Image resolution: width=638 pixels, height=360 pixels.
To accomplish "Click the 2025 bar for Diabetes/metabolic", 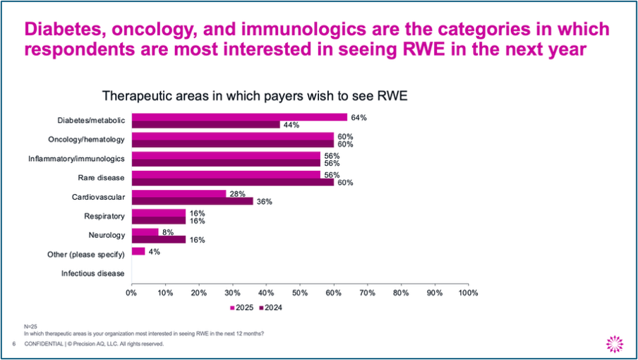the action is [x=239, y=117].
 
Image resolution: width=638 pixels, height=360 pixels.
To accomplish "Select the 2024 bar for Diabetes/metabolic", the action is [x=206, y=124].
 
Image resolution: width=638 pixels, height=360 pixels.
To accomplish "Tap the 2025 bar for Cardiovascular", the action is [x=179, y=193].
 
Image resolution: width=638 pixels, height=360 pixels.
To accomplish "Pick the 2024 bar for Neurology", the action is [x=159, y=239].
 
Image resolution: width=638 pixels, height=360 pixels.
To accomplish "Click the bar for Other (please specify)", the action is [x=138, y=251].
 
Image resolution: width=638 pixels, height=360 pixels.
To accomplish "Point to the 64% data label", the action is [x=359, y=118].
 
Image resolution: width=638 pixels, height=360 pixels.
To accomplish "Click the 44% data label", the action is [x=291, y=125].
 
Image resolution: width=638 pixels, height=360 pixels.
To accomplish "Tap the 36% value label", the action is [x=265, y=201].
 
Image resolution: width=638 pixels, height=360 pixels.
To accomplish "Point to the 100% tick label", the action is [x=469, y=293].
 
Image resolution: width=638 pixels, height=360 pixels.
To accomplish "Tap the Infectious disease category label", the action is [x=92, y=273].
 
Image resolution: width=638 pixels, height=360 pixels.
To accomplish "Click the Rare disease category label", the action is [x=102, y=178].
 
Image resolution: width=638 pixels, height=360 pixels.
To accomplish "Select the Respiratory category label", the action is [x=104, y=216].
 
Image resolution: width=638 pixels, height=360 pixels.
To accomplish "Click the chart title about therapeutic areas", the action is [x=255, y=95].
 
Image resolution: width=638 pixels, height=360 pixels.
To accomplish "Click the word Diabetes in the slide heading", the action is [x=64, y=29].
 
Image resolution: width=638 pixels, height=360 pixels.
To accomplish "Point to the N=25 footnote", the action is [x=30, y=326].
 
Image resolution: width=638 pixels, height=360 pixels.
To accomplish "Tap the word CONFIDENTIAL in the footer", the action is [x=44, y=344].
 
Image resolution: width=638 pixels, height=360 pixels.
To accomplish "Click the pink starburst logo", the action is [x=615, y=344].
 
